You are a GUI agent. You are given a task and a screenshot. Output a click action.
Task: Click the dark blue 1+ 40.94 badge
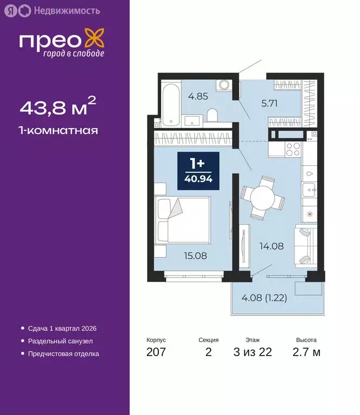198,171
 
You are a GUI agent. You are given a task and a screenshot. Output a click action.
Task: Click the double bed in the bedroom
183,219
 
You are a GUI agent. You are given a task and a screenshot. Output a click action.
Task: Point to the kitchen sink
309,189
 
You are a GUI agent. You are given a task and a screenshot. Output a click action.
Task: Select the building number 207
156,352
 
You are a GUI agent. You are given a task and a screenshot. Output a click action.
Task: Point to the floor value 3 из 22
252,352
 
